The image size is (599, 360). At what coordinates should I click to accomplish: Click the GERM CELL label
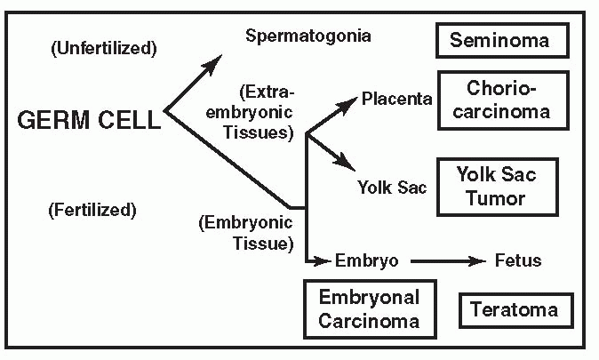(89, 119)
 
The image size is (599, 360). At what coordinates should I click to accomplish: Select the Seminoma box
(502, 40)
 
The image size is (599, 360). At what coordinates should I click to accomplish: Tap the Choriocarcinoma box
(508, 100)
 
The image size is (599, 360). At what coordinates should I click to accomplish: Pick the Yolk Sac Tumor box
(498, 187)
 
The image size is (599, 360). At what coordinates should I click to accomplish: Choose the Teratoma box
(515, 309)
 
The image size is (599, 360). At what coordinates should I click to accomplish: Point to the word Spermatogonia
(308, 36)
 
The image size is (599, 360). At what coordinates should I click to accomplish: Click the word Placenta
(396, 98)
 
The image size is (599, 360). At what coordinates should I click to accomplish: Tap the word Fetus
(517, 260)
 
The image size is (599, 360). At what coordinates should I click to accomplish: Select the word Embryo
(366, 260)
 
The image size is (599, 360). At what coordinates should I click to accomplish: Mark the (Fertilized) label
(93, 210)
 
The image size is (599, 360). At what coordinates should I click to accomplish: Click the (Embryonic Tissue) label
(247, 232)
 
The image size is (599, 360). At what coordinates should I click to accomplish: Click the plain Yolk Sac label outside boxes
(392, 188)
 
